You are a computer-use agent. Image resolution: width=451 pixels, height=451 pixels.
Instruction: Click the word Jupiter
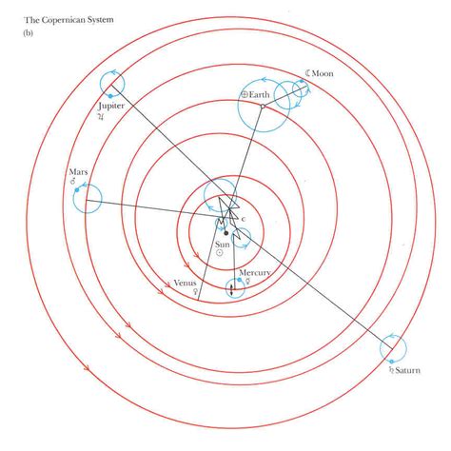(112, 106)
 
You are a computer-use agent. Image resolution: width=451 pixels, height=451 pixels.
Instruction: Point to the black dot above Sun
(225, 232)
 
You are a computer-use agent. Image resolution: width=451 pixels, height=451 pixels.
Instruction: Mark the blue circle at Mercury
(232, 287)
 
